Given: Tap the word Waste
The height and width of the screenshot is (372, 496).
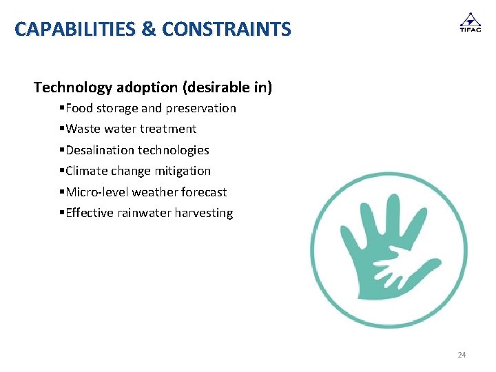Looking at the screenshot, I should tap(83, 129).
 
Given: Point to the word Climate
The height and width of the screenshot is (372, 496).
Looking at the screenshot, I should tap(87, 171).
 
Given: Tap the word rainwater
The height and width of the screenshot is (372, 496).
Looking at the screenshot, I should tap(144, 213).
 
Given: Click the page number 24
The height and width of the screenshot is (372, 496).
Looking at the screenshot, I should tap(462, 355).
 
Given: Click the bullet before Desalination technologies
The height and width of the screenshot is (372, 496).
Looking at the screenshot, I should tap(62, 150).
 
